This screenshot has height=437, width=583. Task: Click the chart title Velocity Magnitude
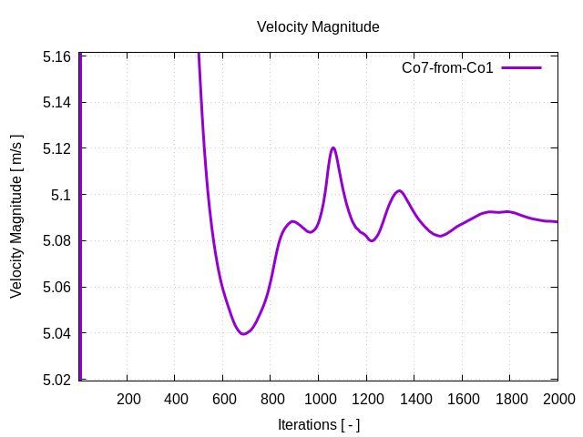[318, 27]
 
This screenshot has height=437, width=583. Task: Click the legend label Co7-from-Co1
[447, 68]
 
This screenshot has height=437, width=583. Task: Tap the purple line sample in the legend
[521, 68]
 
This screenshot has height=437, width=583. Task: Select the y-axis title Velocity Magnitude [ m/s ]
[16, 217]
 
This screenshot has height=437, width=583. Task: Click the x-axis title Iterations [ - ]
[318, 424]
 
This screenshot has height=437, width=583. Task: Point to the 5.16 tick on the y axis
[57, 56]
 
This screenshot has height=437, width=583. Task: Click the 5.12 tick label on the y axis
[57, 148]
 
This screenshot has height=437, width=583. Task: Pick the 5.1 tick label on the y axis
[61, 195]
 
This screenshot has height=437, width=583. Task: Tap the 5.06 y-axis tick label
[57, 288]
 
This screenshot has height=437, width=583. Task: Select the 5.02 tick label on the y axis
[57, 380]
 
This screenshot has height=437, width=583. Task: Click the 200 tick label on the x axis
[128, 399]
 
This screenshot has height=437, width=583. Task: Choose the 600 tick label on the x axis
[224, 399]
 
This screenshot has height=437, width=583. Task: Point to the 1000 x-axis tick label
[319, 399]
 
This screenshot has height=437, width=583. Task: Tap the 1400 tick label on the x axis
[414, 399]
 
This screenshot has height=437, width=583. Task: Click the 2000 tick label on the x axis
[557, 399]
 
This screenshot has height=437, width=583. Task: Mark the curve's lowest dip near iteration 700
[243, 334]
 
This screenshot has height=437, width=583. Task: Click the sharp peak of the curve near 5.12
[333, 147]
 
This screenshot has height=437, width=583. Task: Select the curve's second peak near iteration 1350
[399, 190]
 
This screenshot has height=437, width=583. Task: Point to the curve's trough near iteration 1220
[372, 241]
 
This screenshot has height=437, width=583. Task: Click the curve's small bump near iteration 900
[292, 221]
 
